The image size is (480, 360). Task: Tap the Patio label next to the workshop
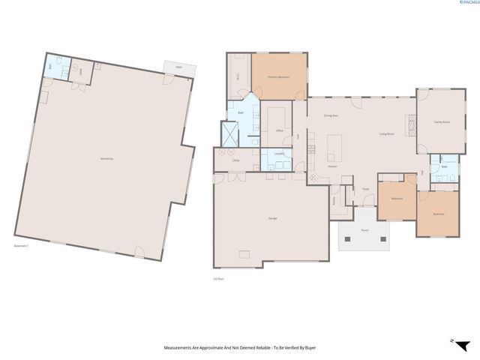[179, 67]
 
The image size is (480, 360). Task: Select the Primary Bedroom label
[279, 78]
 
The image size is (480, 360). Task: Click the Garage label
[272, 218]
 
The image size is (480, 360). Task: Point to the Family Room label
[442, 122]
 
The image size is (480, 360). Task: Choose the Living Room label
[387, 134]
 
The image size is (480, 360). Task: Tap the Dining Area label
[331, 115]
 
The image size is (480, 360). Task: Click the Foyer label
[367, 189]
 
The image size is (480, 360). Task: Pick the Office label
[279, 130]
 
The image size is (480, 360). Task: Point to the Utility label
[235, 160]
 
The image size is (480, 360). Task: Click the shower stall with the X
[228, 134]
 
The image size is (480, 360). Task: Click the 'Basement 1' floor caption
[21, 246]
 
